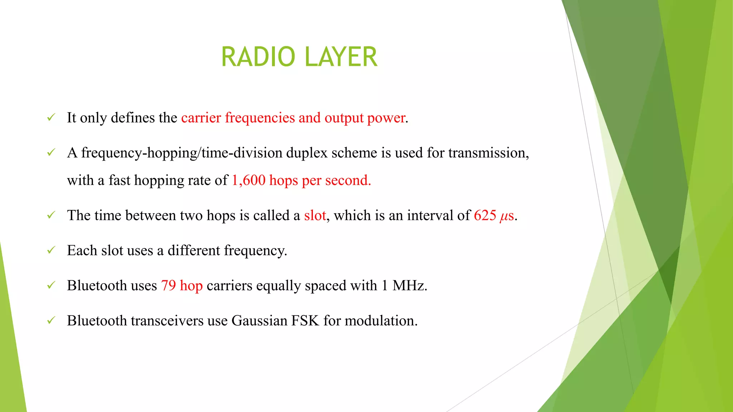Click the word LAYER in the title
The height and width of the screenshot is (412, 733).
tap(341, 57)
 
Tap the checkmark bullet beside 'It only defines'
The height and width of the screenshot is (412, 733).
tap(51, 117)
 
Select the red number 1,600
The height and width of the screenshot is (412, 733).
tap(248, 180)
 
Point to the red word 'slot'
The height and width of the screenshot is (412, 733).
tap(315, 215)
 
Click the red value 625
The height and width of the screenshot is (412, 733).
tap(485, 215)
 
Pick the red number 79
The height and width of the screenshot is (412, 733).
tap(168, 285)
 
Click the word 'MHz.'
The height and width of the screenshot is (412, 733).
tap(410, 285)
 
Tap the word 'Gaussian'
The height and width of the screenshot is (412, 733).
tap(259, 320)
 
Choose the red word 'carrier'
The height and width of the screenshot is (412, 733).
tap(201, 118)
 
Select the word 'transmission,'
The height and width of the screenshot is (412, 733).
tap(489, 153)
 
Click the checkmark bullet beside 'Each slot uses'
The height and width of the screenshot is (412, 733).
tap(51, 250)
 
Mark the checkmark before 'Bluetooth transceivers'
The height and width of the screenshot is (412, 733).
tap(51, 320)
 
